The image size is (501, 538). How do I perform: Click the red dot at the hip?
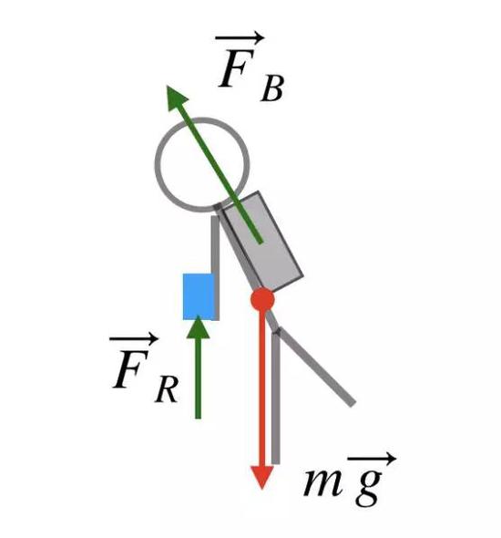[262, 299]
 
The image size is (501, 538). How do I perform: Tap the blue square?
[199, 296]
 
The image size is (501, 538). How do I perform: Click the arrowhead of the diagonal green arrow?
[176, 98]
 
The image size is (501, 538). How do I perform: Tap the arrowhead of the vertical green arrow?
[198, 327]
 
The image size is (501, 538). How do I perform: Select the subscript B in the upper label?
[272, 88]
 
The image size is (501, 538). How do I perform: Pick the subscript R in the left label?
[167, 389]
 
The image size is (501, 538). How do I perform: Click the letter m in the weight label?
[323, 482]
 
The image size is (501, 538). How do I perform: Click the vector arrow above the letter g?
[373, 458]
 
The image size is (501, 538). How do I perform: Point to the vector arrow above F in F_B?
[240, 37]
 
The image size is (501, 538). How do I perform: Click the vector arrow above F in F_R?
[134, 339]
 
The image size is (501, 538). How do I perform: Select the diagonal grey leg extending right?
[315, 367]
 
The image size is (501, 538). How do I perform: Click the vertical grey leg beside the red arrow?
[276, 398]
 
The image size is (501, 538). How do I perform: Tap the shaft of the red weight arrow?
[262, 388]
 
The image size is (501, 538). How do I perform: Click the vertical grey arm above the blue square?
[215, 244]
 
